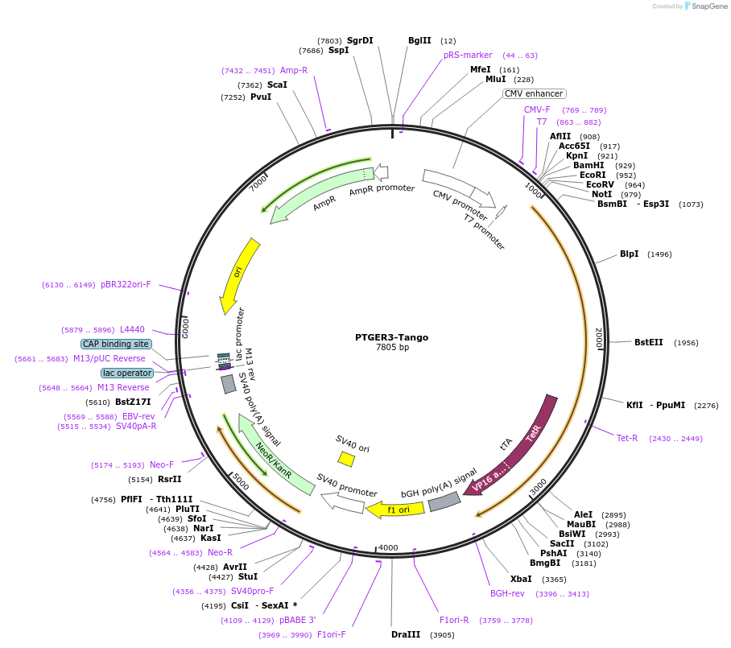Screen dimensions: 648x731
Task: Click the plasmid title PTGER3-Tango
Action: [391, 337]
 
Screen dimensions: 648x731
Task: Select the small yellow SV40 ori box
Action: [346, 459]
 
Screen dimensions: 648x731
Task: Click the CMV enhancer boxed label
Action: [534, 93]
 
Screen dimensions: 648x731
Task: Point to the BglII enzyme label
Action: [419, 40]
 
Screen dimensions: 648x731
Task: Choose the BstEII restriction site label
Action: [648, 342]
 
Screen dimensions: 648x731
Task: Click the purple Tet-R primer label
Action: [627, 438]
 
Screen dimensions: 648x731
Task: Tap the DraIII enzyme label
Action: [406, 635]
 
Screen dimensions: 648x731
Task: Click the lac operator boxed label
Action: [127, 373]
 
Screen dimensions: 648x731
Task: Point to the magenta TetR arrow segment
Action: [540, 427]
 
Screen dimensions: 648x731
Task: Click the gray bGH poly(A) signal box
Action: [444, 502]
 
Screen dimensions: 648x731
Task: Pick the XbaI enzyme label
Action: [521, 579]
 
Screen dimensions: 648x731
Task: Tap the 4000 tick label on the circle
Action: [388, 547]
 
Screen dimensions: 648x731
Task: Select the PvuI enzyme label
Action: [261, 97]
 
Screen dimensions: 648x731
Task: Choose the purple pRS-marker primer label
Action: [468, 56]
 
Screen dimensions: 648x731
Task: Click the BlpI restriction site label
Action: [629, 254]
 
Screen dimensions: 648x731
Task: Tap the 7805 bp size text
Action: [392, 348]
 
